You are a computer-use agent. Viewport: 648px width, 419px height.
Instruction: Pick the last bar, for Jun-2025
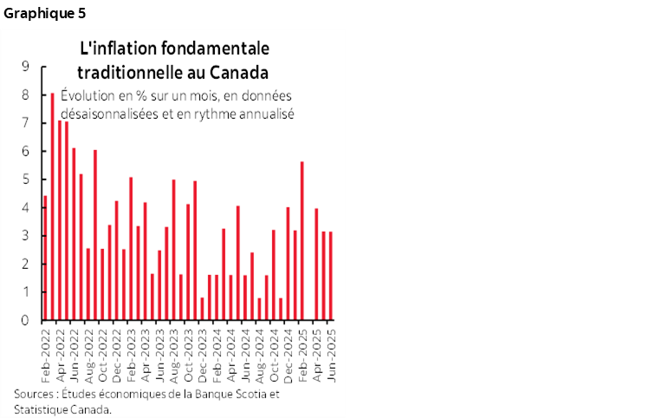tap(330, 275)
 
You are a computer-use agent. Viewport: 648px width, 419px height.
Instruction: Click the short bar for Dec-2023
tap(202, 308)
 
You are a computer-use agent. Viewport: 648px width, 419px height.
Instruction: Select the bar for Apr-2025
tap(316, 264)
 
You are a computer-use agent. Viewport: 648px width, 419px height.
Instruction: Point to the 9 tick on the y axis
tap(25, 66)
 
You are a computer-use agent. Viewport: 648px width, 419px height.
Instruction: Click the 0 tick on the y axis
tap(25, 320)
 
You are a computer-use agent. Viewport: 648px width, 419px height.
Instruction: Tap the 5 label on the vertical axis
tap(25, 179)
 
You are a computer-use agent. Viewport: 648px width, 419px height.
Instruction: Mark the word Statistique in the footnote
tap(44, 409)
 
